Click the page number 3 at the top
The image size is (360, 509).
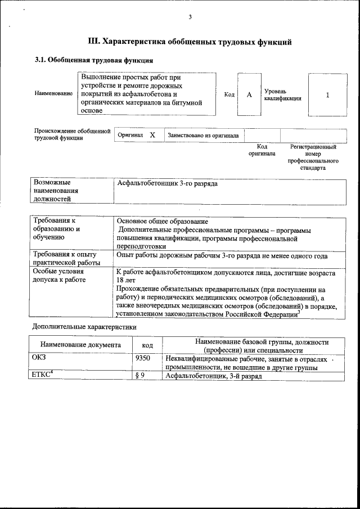tap(190, 17)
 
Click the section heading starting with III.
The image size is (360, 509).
tap(190, 42)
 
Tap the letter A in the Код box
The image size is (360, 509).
tap(249, 94)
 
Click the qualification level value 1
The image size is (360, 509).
tap(327, 94)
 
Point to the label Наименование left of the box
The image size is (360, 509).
tap(53, 93)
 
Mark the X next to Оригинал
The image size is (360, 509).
tap(152, 135)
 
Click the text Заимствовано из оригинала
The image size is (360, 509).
tap(203, 136)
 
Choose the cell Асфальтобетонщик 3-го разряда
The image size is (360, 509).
tap(167, 184)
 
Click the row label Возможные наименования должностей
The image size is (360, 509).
tap(56, 191)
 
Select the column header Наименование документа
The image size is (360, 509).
tap(80, 345)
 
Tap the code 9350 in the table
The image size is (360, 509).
tap(143, 358)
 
